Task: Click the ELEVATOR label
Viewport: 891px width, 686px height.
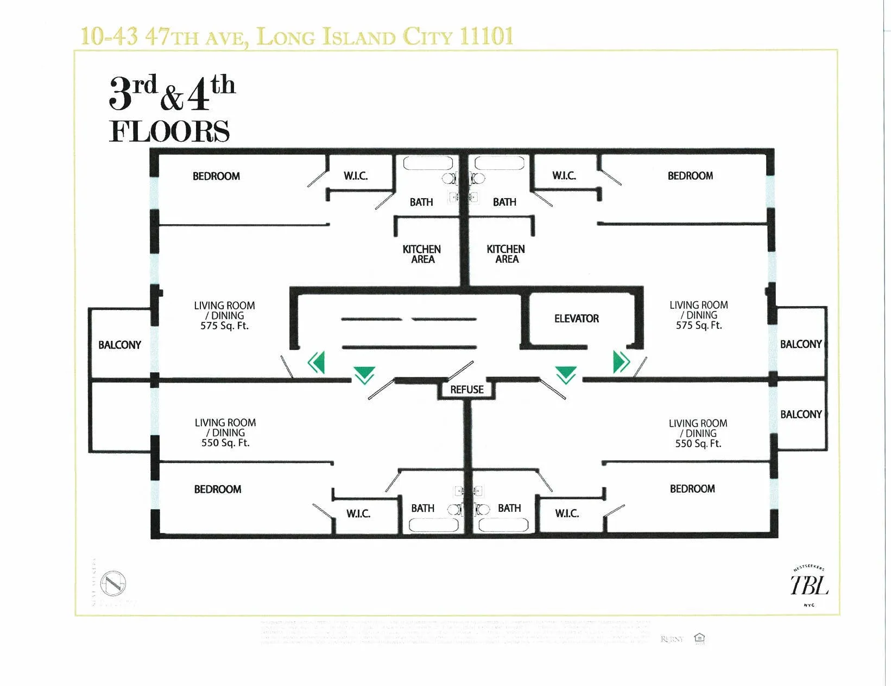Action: pos(576,319)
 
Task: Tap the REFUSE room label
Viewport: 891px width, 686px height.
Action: pos(466,390)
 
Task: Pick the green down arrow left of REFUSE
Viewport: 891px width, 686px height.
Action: pos(364,374)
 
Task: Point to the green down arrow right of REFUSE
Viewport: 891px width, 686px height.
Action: pos(566,374)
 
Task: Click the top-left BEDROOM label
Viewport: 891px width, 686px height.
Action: pos(216,176)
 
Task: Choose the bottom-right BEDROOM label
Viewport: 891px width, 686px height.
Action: pos(692,488)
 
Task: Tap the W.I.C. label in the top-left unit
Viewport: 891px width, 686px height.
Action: pos(356,176)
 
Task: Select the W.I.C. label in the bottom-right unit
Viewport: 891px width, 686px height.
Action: pos(567,513)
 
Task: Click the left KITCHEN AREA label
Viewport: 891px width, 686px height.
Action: pos(422,254)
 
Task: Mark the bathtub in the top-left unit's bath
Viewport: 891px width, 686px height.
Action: pos(428,163)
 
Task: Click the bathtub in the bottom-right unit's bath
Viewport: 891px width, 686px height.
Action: pos(503,525)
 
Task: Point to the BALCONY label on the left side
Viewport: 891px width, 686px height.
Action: pos(119,345)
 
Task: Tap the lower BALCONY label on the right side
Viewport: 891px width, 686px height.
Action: pos(801,415)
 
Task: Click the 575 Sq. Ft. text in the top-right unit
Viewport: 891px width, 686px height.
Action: pos(698,325)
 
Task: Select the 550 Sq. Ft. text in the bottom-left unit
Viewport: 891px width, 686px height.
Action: pos(225,443)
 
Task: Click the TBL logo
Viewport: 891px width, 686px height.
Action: pos(808,586)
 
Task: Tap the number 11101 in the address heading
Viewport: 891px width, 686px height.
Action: pos(486,36)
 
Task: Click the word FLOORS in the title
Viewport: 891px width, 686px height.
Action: pos(169,131)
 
